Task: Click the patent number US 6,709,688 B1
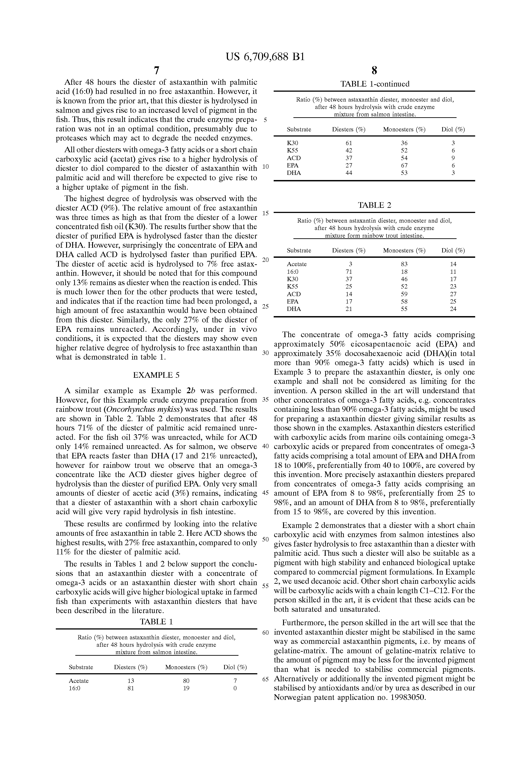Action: click(x=265, y=57)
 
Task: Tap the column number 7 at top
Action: click(x=156, y=70)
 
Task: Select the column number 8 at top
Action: click(x=374, y=70)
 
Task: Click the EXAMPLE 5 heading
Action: click(x=156, y=375)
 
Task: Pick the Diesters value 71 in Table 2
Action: click(x=349, y=271)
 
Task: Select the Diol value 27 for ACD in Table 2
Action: click(x=453, y=294)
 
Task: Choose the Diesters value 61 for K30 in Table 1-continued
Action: click(x=349, y=143)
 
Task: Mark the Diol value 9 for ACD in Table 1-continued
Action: click(x=453, y=158)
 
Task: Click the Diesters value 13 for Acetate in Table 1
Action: click(x=130, y=681)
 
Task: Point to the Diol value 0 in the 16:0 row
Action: click(x=235, y=688)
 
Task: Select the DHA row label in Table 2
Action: click(x=294, y=309)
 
